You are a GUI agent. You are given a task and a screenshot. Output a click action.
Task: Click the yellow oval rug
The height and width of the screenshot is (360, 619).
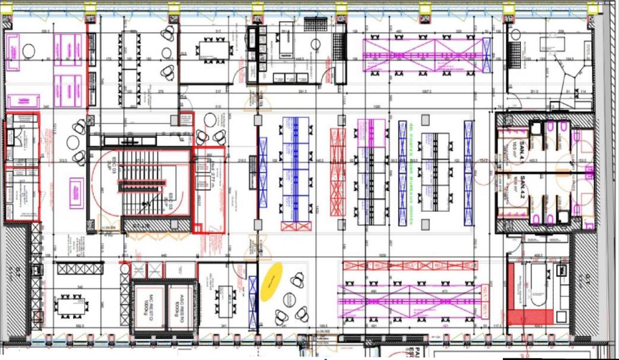(271, 282)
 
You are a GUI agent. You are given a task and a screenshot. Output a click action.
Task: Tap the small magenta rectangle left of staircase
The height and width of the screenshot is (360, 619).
(76, 193)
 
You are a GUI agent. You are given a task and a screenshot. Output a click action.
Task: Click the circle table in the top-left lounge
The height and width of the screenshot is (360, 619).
(29, 51)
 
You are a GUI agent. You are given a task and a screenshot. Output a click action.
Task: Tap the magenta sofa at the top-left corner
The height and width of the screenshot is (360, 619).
(12, 52)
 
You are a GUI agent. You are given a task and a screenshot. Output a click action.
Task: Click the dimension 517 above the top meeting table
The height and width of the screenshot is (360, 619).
(218, 32)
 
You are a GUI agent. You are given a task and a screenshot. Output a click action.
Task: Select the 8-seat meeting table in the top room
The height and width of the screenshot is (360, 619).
(214, 50)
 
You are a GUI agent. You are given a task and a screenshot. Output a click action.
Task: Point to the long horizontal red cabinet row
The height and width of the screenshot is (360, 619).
(410, 265)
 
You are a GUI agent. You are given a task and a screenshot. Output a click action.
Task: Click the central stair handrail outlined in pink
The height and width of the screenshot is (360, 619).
(142, 183)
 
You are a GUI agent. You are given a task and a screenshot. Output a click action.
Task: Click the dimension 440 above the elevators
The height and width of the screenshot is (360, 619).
(163, 255)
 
